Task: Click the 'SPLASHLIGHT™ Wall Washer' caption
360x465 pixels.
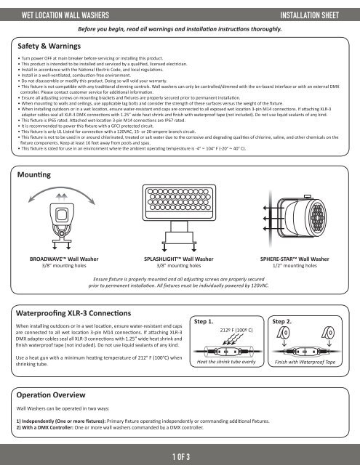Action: (x=180, y=259)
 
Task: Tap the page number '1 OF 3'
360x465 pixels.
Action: (x=180, y=456)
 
